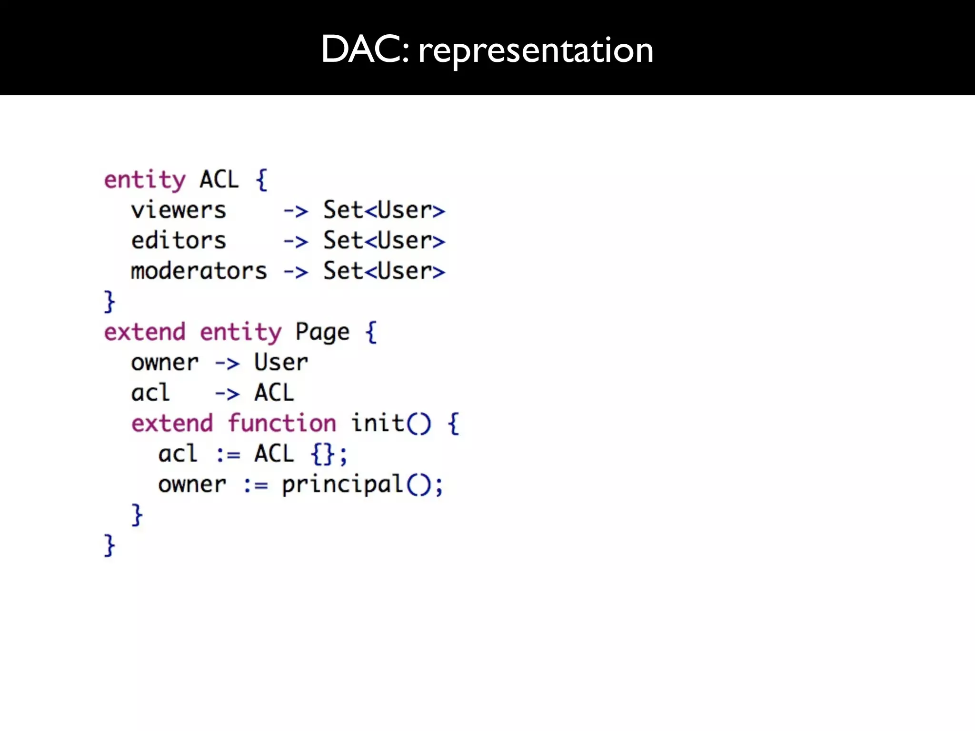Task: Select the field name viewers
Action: tap(179, 210)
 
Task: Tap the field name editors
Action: tap(179, 241)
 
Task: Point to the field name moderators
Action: tap(199, 271)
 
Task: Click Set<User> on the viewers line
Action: tap(384, 210)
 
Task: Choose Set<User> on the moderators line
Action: tap(384, 271)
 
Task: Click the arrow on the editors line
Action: tap(296, 242)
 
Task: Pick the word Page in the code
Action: tap(322, 332)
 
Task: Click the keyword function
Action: tap(282, 424)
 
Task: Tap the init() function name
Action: tap(390, 424)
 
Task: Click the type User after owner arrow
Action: tap(281, 363)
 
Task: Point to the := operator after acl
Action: tap(228, 455)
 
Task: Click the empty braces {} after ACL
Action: tap(323, 454)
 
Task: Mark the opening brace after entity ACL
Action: tap(261, 180)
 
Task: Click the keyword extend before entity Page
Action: tap(145, 332)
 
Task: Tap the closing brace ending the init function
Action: tap(137, 515)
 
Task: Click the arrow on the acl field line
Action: tap(227, 394)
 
